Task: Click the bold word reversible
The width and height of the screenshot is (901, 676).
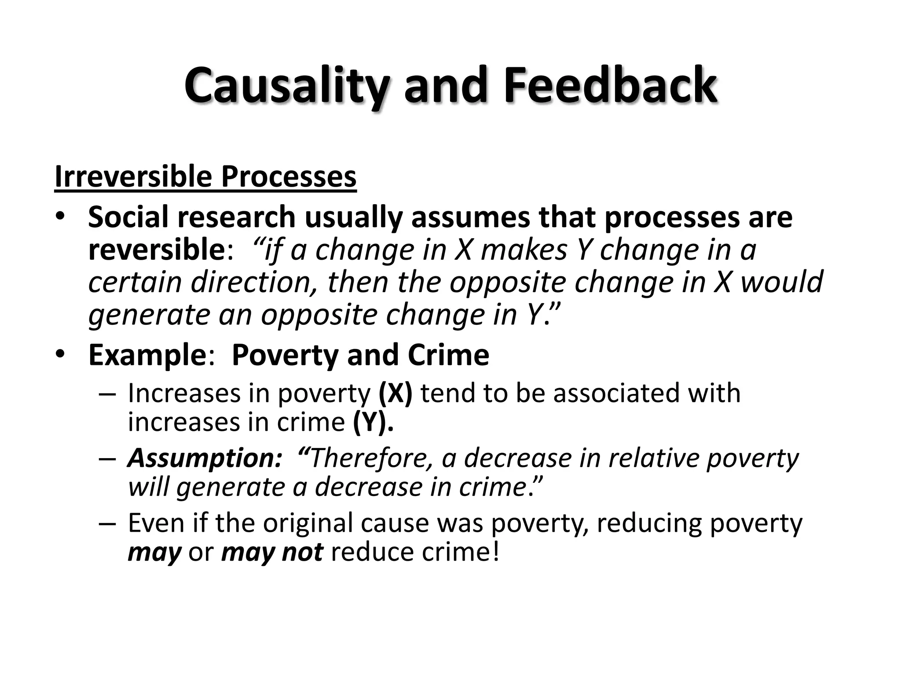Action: (x=157, y=250)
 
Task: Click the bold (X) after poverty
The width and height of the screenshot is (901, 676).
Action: (x=395, y=393)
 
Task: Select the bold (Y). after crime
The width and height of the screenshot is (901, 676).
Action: (x=373, y=422)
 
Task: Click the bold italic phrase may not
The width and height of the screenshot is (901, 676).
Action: (x=272, y=552)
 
